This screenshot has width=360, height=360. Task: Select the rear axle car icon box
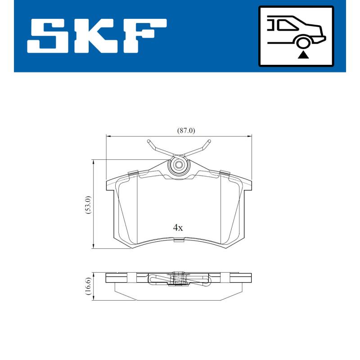(296, 36)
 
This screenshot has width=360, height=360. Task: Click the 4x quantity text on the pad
(178, 228)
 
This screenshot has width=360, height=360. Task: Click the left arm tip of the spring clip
(149, 143)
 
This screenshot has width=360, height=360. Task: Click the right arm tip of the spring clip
(208, 143)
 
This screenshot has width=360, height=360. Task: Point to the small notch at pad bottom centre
(179, 240)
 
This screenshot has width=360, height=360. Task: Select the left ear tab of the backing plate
(109, 185)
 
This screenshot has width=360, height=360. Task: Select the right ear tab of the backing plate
(248, 185)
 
